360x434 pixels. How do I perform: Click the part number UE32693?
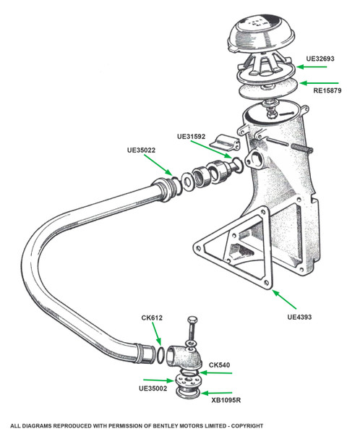[x=320, y=59]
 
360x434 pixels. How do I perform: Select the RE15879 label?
[x=327, y=90]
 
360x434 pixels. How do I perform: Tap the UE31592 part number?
[x=192, y=137]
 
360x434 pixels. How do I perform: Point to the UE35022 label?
[x=141, y=150]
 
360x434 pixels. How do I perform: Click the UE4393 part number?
[x=299, y=317]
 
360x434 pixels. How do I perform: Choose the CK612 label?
[x=152, y=318]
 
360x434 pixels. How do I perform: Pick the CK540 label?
[x=220, y=365]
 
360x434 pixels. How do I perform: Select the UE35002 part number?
[x=153, y=388]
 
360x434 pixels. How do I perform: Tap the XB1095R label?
[x=226, y=400]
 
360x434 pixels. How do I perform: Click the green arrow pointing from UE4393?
[x=284, y=299]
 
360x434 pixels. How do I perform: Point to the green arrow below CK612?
[x=156, y=333]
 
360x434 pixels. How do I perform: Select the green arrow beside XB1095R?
[x=216, y=393]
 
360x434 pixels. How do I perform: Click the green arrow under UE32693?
[x=312, y=67]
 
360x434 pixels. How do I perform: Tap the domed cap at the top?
[x=261, y=34]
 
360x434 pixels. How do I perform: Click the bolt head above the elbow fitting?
[x=192, y=320]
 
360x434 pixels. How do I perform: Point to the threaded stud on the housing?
[x=302, y=148]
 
